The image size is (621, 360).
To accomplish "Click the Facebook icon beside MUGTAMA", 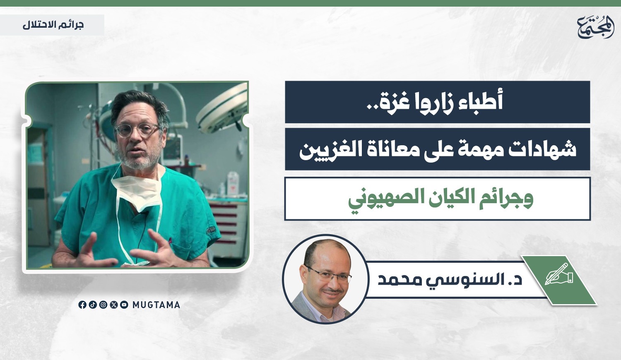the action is [82, 305].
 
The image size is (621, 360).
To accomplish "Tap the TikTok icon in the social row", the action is [93, 305].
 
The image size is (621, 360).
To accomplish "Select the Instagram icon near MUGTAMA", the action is [103, 305].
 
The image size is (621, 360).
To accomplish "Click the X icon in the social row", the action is [114, 305].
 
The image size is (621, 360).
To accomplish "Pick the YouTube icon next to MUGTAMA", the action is [124, 305].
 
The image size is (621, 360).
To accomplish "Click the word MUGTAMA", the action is [156, 305].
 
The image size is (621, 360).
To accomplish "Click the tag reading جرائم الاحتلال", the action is [53, 25].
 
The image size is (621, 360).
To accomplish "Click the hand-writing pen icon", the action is [558, 274].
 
